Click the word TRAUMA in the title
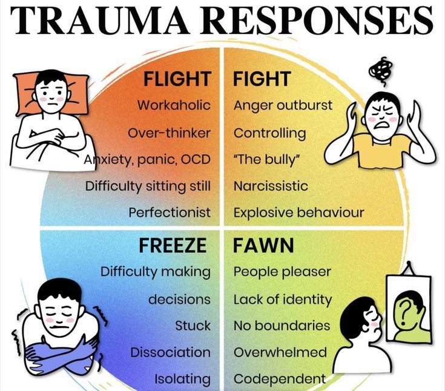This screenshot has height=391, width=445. pos(100,20)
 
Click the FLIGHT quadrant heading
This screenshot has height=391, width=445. pos(177,79)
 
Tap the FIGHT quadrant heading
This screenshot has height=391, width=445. pos(262,79)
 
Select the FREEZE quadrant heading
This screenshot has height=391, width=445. pos(173,246)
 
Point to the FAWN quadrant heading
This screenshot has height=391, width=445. pos(263,246)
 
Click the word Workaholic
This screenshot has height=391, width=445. pos(174,105)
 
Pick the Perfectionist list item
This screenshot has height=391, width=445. pos(170,212)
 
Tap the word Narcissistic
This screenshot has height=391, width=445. pos(271,186)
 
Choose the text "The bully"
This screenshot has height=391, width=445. pos(267,159)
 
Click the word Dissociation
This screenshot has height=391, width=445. pos(170,352)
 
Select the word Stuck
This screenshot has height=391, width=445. pos(193,326)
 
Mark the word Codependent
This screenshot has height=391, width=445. pos(280,379)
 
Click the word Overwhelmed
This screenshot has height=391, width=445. pos(280,352)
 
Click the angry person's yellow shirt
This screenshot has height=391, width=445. pos(381,152)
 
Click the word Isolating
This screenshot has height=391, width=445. pos(182,379)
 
